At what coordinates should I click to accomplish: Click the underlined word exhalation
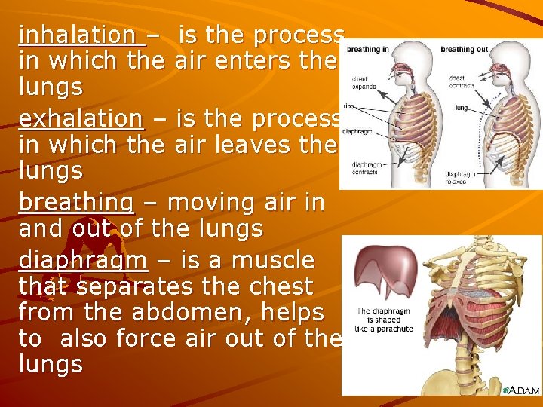[80, 118]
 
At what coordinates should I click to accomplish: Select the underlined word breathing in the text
[76, 203]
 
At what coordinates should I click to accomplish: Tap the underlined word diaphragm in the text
[83, 260]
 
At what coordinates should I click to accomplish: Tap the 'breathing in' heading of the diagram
[368, 50]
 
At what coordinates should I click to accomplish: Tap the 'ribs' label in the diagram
[348, 106]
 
